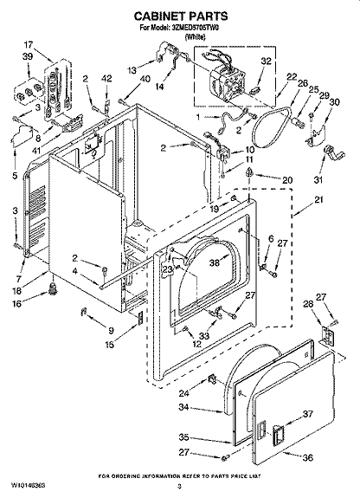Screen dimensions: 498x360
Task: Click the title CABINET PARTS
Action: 179,16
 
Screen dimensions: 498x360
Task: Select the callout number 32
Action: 267,61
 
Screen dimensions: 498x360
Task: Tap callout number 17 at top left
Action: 29,44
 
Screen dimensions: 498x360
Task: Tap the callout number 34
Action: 183,406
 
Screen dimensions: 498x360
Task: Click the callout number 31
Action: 317,179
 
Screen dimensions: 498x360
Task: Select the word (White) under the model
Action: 179,38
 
